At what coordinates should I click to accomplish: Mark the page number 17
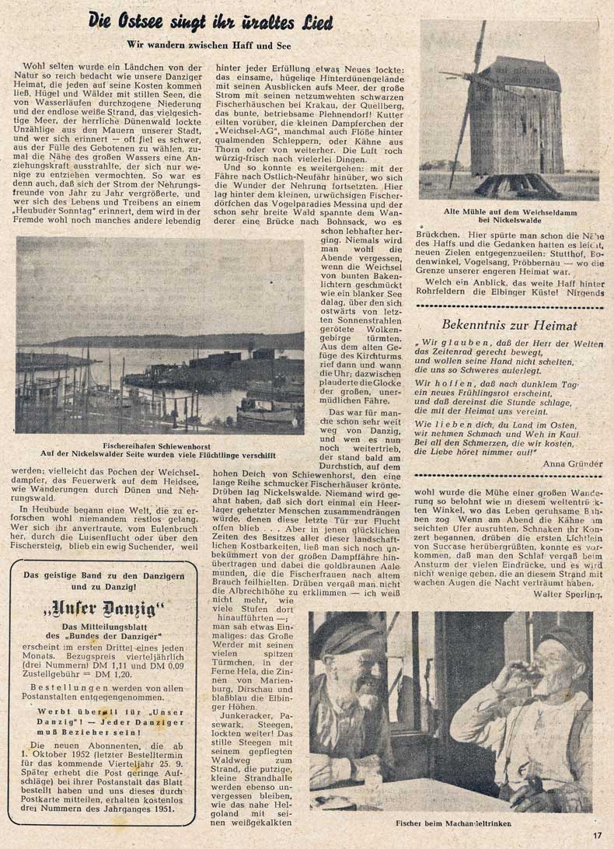[595, 836]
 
